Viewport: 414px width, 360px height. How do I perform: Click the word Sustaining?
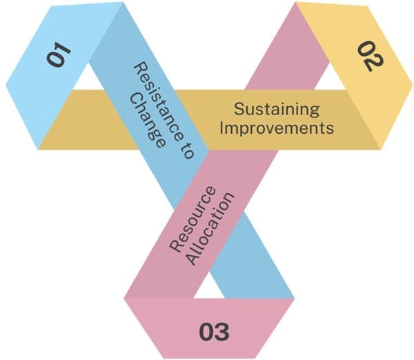pyautogui.click(x=277, y=109)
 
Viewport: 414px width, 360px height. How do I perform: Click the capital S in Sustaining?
pyautogui.click(x=239, y=109)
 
